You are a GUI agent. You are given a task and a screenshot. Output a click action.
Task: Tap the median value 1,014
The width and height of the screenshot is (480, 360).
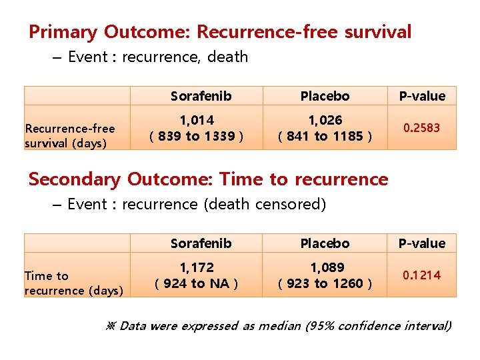(196, 121)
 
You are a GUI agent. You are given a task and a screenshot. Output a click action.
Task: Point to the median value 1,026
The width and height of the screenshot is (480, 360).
(325, 121)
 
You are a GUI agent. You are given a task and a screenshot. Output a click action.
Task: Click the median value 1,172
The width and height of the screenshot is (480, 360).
(196, 268)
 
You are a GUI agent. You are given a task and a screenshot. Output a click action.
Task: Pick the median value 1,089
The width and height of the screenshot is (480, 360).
(325, 268)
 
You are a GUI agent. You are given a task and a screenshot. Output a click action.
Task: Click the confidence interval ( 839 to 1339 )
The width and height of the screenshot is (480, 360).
(196, 137)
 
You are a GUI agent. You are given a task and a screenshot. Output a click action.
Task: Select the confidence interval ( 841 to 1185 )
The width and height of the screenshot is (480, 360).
(325, 137)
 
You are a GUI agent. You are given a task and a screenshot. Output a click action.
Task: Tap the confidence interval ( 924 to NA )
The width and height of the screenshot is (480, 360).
(196, 284)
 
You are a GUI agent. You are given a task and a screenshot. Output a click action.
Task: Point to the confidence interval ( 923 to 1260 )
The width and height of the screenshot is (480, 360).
(325, 284)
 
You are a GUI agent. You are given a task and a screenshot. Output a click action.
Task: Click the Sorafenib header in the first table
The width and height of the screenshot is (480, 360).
(201, 96)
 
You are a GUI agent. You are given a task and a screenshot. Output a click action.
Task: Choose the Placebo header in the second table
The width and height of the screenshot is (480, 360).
(325, 243)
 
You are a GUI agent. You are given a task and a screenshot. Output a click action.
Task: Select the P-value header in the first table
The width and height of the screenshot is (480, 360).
(422, 96)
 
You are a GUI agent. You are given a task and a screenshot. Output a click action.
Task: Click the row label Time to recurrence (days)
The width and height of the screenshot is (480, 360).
(73, 283)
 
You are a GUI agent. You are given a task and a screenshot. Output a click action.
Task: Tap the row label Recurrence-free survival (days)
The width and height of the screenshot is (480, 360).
(69, 136)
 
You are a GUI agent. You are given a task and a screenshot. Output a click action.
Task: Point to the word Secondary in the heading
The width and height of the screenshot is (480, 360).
(75, 179)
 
